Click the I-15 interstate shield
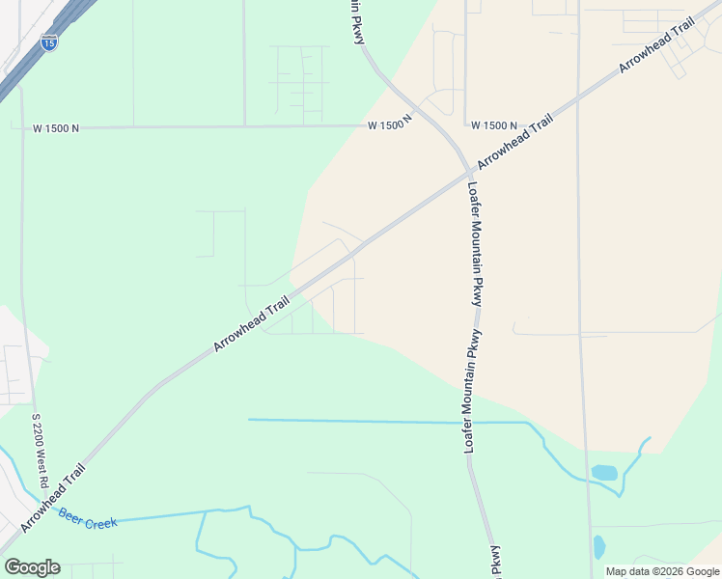tap(49, 41)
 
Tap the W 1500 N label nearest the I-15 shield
tap(56, 127)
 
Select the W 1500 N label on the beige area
tap(495, 126)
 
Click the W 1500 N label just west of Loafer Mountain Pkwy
tap(390, 125)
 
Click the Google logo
tap(32, 567)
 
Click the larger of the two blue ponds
tap(604, 473)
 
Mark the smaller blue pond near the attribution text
tap(599, 546)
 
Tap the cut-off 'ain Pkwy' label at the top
tap(355, 20)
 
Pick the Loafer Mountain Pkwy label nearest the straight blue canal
tap(473, 391)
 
